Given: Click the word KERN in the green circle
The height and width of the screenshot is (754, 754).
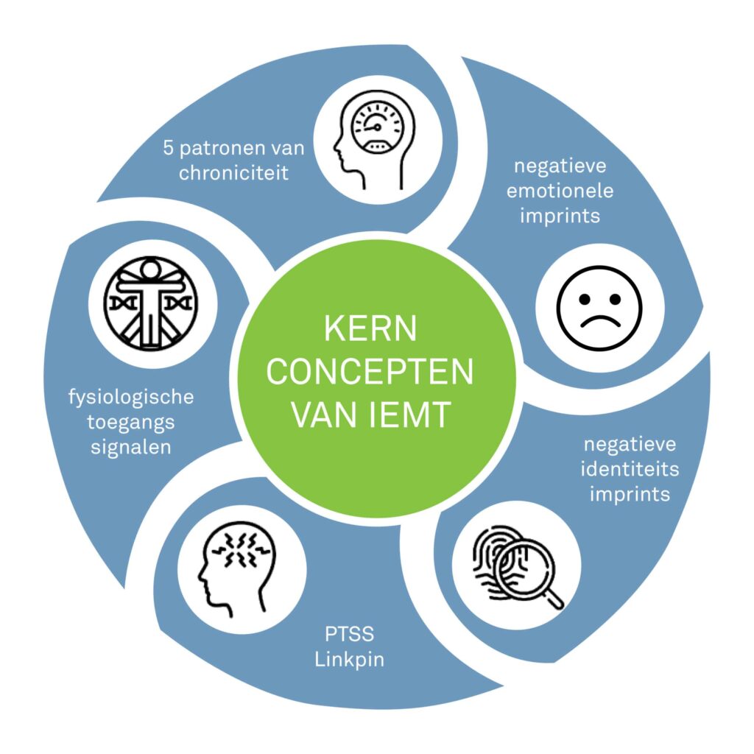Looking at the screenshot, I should (x=370, y=328).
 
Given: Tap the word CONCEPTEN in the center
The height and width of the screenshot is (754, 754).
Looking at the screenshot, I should (x=370, y=372).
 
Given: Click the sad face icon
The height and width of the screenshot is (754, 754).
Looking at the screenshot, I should (x=599, y=308).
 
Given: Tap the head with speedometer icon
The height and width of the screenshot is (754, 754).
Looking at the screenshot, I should (x=376, y=133).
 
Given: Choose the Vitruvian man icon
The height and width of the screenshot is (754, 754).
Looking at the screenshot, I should (x=152, y=303).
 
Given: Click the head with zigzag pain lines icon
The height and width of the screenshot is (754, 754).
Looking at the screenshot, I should (x=233, y=563).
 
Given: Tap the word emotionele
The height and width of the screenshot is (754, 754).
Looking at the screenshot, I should (x=564, y=190).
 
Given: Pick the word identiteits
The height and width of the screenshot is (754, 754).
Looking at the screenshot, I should (x=630, y=469).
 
